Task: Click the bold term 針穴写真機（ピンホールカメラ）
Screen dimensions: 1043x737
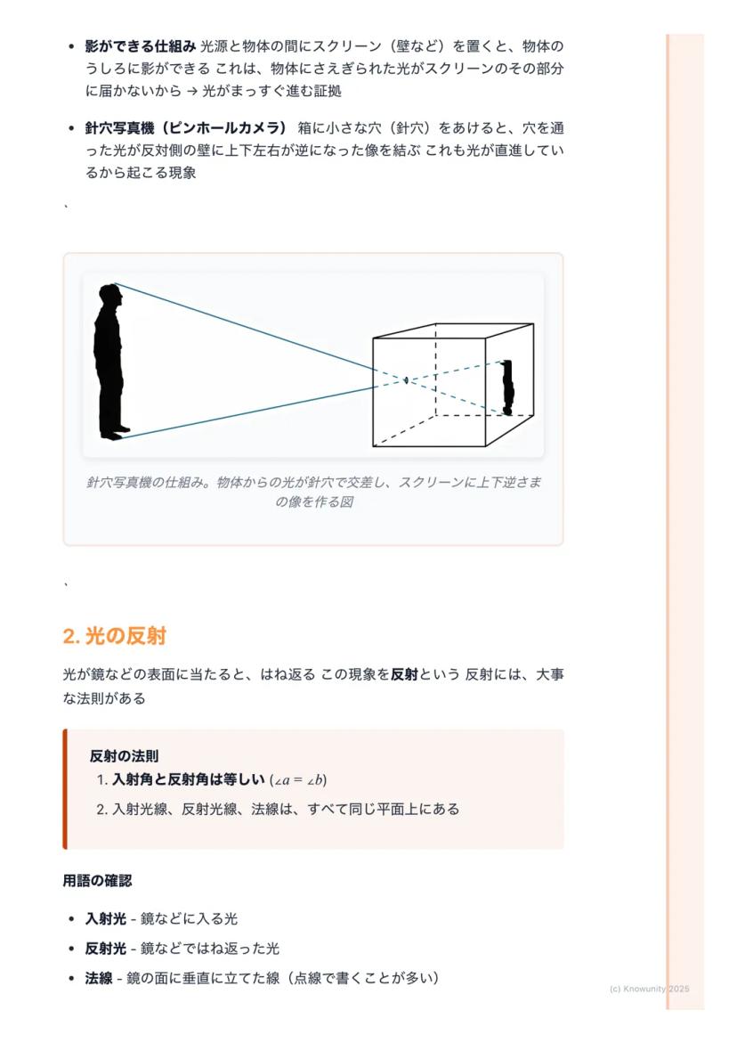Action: (186, 127)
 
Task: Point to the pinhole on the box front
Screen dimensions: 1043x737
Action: (406, 380)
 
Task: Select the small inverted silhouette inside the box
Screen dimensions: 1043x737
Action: (507, 387)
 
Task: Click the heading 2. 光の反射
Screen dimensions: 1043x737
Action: (115, 636)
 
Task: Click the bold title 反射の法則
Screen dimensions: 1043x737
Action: (124, 756)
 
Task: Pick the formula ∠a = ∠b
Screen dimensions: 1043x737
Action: (298, 780)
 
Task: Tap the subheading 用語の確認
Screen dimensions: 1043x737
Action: (97, 880)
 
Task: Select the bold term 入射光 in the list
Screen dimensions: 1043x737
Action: (105, 918)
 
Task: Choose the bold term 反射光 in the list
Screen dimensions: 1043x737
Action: (105, 949)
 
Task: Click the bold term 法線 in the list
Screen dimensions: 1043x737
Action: (99, 978)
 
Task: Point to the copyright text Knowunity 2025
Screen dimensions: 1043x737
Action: (650, 989)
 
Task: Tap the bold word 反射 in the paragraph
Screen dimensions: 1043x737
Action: (404, 674)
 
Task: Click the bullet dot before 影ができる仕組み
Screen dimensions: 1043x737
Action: (71, 46)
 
